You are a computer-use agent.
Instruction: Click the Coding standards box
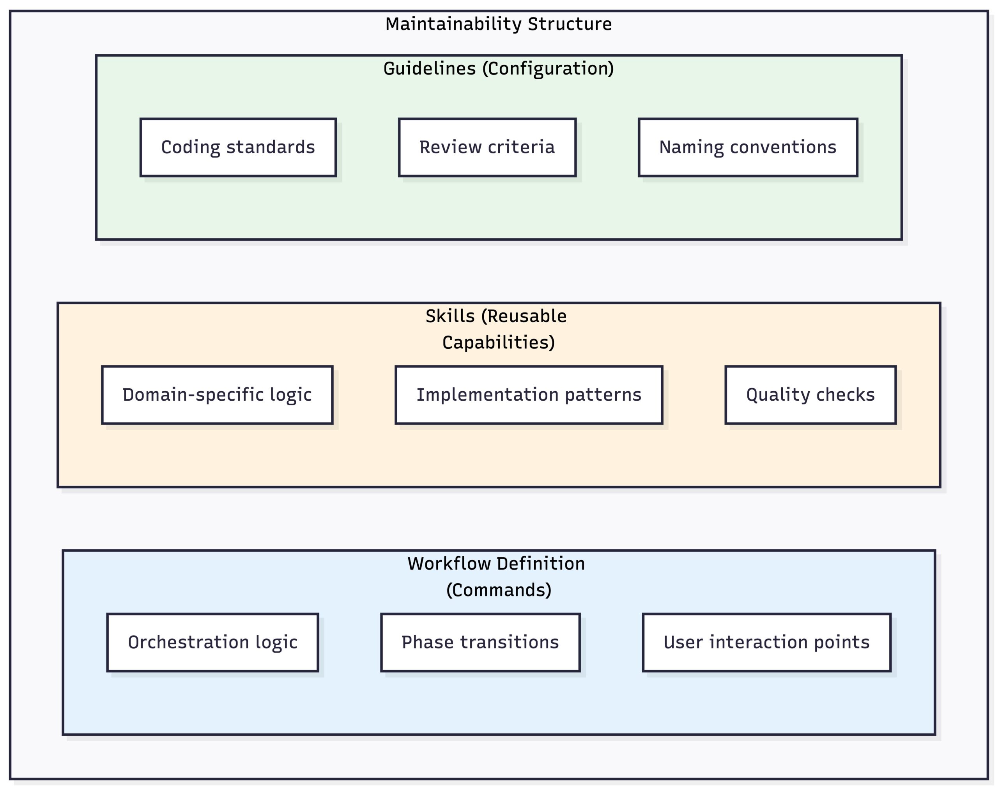pyautogui.click(x=238, y=147)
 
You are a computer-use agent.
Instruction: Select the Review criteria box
pyautogui.click(x=487, y=147)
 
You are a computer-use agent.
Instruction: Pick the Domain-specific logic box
pyautogui.click(x=217, y=394)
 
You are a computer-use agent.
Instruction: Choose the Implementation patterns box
pyautogui.click(x=529, y=394)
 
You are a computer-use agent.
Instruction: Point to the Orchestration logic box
pyautogui.click(x=212, y=642)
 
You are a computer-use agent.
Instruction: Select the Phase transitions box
pyautogui.click(x=480, y=642)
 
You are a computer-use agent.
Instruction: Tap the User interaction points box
pyautogui.click(x=766, y=642)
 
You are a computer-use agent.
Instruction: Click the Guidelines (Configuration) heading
pyautogui.click(x=498, y=68)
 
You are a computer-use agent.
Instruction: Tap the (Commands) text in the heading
pyautogui.click(x=498, y=590)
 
